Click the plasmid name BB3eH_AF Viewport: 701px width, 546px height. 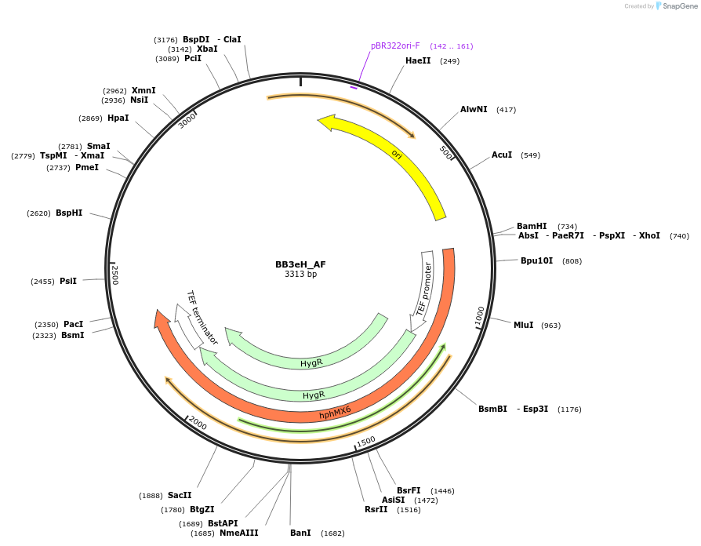[x=300, y=264]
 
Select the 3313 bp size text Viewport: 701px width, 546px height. [x=300, y=275]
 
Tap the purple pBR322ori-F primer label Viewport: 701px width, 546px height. [x=395, y=45]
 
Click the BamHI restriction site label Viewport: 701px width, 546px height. [x=532, y=227]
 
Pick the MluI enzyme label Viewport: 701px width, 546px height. [x=523, y=325]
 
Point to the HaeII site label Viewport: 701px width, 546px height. [x=418, y=60]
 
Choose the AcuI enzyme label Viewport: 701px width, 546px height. [x=502, y=155]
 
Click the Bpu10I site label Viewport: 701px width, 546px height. [x=536, y=260]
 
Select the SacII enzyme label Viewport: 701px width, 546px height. [x=180, y=495]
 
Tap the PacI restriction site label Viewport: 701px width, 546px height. [x=73, y=324]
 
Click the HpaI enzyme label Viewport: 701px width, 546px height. [x=118, y=118]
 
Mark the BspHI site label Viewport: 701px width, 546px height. [x=69, y=213]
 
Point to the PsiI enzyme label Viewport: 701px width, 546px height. [x=68, y=280]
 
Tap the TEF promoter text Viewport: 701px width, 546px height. [x=424, y=288]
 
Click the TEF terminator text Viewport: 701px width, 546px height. [x=202, y=318]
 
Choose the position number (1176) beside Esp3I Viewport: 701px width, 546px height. [x=569, y=409]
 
